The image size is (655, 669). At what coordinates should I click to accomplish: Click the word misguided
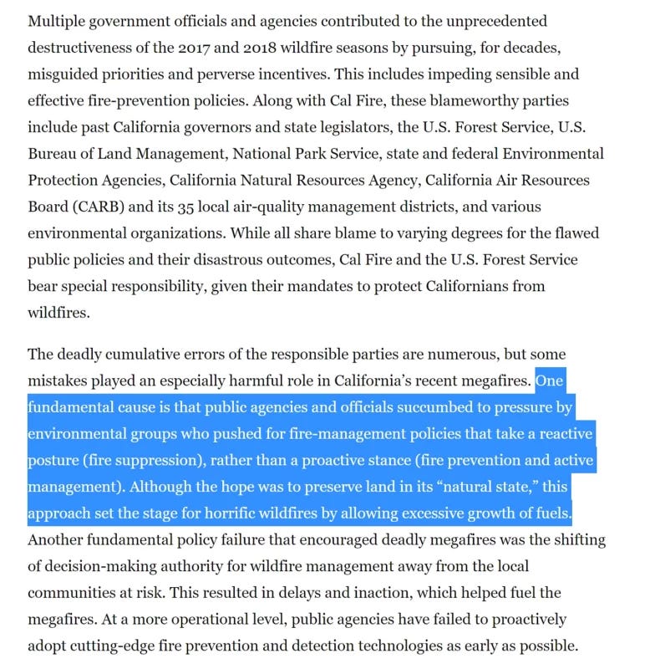click(68, 74)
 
